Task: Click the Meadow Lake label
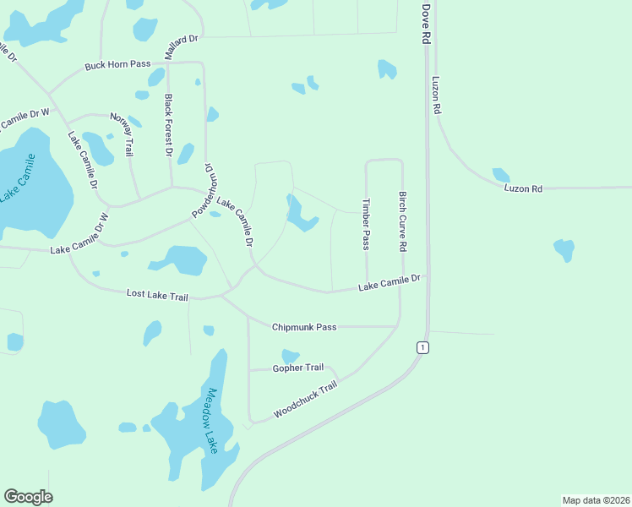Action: pyautogui.click(x=212, y=421)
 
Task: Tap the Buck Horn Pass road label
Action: pyautogui.click(x=117, y=65)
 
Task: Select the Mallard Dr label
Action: pyautogui.click(x=181, y=46)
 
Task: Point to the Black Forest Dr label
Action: pyautogui.click(x=168, y=124)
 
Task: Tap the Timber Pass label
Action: pyautogui.click(x=366, y=224)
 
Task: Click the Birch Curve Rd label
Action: pyautogui.click(x=403, y=221)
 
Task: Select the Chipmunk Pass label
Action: pyautogui.click(x=304, y=326)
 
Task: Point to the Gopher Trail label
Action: pyautogui.click(x=297, y=368)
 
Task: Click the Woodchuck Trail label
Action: pyautogui.click(x=305, y=399)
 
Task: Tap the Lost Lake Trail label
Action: pyautogui.click(x=157, y=294)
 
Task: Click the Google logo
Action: pyautogui.click(x=28, y=497)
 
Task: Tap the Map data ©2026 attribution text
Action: pyautogui.click(x=596, y=499)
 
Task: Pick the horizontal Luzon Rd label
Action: pyautogui.click(x=522, y=188)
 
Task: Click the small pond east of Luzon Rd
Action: pyautogui.click(x=564, y=249)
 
